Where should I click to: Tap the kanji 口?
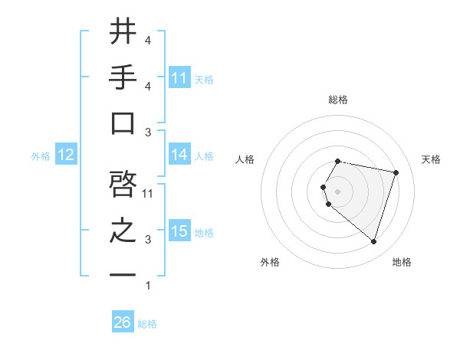click(x=123, y=123)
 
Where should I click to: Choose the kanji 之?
click(x=123, y=231)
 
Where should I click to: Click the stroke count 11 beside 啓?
click(x=148, y=194)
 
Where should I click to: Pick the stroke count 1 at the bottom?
click(x=147, y=286)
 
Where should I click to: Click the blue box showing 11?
click(x=179, y=77)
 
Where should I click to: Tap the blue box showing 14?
click(x=179, y=155)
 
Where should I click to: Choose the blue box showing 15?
click(x=179, y=231)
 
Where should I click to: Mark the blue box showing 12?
click(x=65, y=155)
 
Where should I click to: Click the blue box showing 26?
click(x=123, y=322)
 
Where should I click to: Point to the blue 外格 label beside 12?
click(x=41, y=156)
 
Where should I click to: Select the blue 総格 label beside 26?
click(x=147, y=324)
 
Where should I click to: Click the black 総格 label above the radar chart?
click(x=337, y=100)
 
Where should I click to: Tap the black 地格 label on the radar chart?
click(x=402, y=262)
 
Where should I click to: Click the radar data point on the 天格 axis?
click(x=396, y=172)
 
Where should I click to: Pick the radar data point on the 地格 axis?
click(x=373, y=242)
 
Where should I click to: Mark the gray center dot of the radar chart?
click(x=337, y=191)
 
